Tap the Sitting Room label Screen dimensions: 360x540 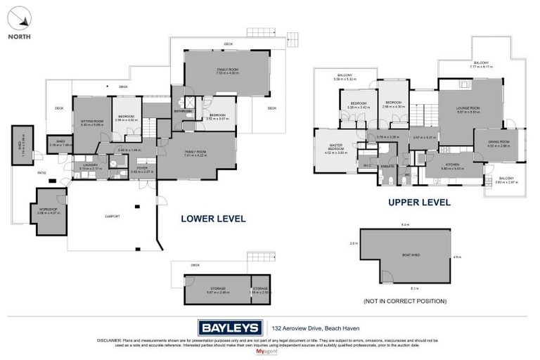(91, 122)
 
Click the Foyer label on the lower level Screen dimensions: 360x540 (143, 168)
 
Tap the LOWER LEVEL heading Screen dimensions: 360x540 (213, 219)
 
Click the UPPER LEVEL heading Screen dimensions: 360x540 (418, 202)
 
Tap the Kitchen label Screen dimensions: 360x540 (453, 167)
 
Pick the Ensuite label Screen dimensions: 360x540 (387, 166)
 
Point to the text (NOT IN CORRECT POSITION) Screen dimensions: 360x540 (404, 301)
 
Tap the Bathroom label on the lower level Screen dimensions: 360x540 (184, 111)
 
